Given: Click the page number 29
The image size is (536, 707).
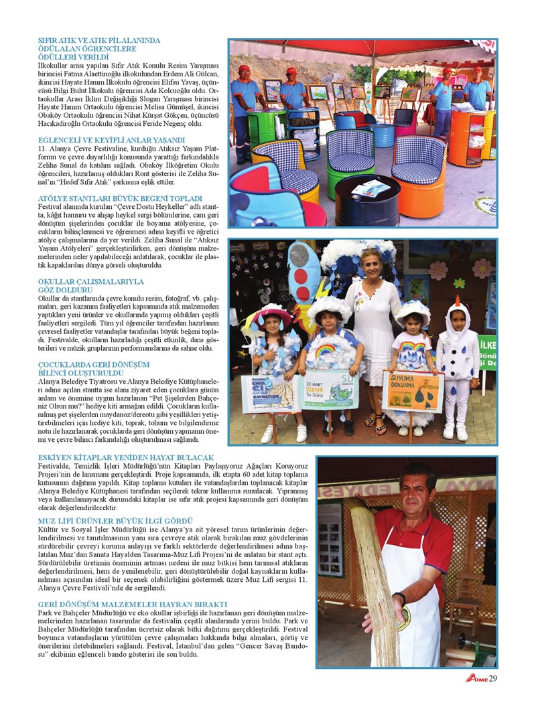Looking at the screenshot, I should pos(492,678).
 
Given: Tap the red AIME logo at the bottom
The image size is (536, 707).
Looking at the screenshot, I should pos(476,678).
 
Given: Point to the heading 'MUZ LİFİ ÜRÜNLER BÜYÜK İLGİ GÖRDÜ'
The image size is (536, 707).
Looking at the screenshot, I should pos(116,520).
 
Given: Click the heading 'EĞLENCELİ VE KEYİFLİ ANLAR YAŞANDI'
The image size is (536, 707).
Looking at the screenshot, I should pos(112,139).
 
